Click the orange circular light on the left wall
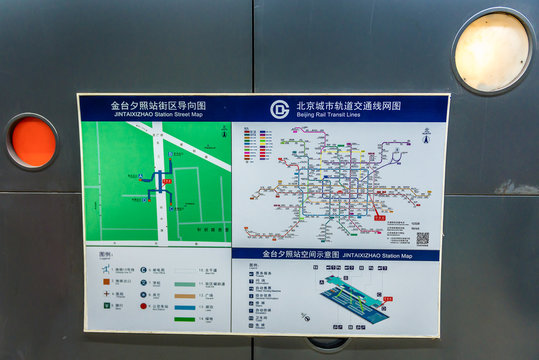tap(33, 142)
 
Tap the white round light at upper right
tap(491, 51)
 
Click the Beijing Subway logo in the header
tap(279, 109)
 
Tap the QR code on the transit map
tap(422, 238)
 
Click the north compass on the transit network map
tap(426, 132)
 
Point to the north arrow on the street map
tap(223, 131)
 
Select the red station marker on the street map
tap(167, 181)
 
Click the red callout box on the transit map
tap(379, 216)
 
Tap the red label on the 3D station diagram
tap(387, 299)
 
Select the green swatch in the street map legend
tap(184, 319)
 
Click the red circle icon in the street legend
tap(144, 306)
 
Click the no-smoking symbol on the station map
tap(306, 317)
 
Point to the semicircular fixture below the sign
tap(327, 343)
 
